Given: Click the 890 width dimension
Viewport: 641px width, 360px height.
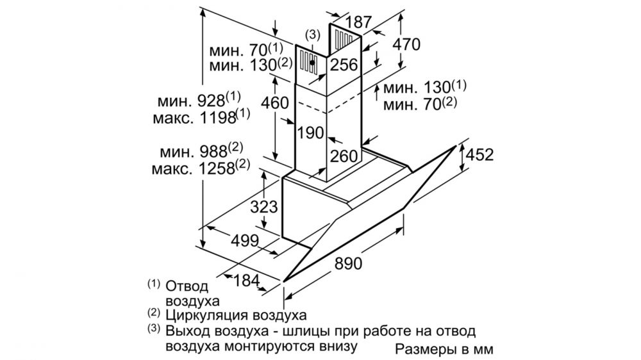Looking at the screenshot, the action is [x=348, y=263].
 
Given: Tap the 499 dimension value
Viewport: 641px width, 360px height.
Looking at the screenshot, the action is [x=245, y=241].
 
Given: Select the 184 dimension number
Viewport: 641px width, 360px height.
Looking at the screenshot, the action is [x=247, y=281].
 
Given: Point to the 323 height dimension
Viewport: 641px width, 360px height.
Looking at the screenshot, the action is [x=264, y=207].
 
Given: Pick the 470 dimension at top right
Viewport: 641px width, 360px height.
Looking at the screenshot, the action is [x=406, y=44].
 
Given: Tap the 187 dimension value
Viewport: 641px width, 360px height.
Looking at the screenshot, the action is [x=358, y=22].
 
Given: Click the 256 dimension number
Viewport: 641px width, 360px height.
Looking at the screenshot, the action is [x=344, y=65].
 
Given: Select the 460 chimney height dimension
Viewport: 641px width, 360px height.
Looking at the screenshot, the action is [x=275, y=102].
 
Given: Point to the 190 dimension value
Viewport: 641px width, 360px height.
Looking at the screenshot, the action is [x=310, y=133].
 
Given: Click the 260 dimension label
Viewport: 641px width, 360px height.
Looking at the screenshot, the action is [x=344, y=156].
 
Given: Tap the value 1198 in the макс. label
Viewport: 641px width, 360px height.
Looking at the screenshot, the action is [x=218, y=118].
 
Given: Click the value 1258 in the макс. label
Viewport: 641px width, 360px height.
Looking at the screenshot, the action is [x=217, y=168].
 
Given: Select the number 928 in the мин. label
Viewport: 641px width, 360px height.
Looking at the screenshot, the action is [x=212, y=101].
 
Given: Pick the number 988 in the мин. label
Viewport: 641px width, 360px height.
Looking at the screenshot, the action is [x=213, y=152].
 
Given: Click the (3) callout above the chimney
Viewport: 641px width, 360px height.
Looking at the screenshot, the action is [x=313, y=35].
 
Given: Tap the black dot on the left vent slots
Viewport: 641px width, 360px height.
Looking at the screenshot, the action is [x=312, y=63].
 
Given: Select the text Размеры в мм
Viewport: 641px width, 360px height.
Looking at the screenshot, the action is [x=444, y=349].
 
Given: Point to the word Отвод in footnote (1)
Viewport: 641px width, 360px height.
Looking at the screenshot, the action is [x=187, y=286].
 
